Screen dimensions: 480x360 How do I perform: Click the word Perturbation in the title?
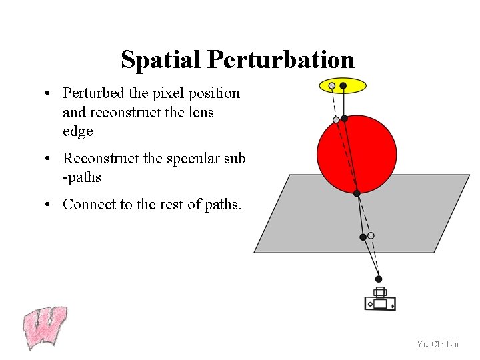[x=281, y=60]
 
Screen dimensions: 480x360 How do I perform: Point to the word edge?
[x=77, y=131]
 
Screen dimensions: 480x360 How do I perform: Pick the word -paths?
[x=82, y=177]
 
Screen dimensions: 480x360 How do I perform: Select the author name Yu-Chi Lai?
[x=437, y=344]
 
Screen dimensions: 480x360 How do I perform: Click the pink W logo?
[x=45, y=327]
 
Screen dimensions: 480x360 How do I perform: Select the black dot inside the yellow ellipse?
[x=343, y=85]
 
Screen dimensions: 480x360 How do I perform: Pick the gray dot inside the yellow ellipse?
[x=332, y=86]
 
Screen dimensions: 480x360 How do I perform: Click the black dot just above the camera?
[x=379, y=279]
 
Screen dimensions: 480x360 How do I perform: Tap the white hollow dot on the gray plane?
[x=371, y=235]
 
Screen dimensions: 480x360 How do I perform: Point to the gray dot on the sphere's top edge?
[x=336, y=120]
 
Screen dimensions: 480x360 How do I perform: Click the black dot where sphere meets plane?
[x=357, y=193]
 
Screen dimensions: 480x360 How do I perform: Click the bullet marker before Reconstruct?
[x=49, y=159]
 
